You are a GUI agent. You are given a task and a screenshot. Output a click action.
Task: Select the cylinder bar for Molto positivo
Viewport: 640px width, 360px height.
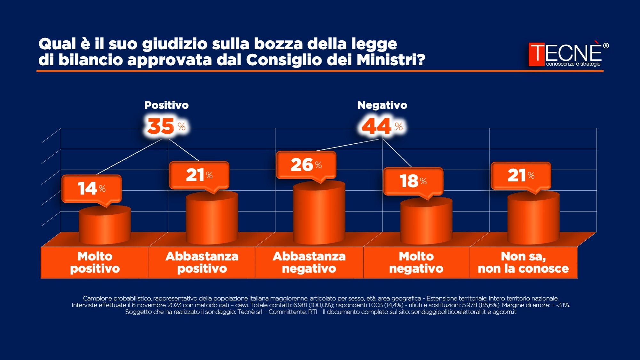coord(105,226)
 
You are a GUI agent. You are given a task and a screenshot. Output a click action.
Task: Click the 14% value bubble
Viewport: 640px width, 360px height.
coord(91,188)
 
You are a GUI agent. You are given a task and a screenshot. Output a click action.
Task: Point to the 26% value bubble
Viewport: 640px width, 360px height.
coord(306,165)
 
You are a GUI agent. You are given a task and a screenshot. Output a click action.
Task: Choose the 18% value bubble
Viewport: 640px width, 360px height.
coord(413,181)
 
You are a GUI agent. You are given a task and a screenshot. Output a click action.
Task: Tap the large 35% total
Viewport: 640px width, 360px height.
coord(166,126)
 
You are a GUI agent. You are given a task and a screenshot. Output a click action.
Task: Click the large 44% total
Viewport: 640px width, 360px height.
coord(382,126)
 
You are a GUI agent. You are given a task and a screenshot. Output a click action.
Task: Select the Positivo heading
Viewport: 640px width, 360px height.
coord(166,105)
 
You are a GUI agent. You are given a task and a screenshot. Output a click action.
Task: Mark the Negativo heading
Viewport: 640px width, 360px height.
coord(382,105)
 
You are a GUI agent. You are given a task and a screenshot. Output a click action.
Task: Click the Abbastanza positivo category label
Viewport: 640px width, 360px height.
coord(202,262)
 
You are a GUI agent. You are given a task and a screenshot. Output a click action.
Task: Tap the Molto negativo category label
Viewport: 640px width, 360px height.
coord(416,262)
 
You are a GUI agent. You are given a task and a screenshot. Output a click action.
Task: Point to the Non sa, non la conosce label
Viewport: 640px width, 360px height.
coord(523,262)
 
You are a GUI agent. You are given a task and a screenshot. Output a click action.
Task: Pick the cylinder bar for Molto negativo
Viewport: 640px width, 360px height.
coord(426,221)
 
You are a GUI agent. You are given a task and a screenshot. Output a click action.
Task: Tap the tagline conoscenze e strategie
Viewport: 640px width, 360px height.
coord(573,64)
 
